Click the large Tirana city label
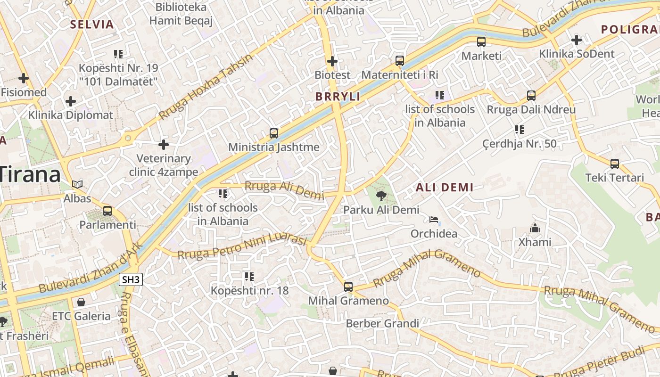(31, 174)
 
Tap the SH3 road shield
(131, 279)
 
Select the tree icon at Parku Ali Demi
(381, 196)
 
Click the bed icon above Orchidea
(434, 220)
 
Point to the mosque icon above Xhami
(535, 229)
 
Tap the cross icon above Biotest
(332, 61)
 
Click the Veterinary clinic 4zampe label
(164, 165)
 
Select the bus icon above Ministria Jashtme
(274, 133)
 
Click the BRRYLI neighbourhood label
(338, 97)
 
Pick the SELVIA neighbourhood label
(92, 25)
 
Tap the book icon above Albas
(77, 184)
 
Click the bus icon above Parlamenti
(107, 211)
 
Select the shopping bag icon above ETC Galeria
(81, 302)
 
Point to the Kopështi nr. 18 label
(249, 290)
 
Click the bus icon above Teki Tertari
(615, 164)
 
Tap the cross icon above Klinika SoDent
(577, 40)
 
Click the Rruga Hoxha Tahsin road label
(206, 87)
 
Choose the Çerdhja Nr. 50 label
(520, 143)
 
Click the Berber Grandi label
(382, 323)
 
